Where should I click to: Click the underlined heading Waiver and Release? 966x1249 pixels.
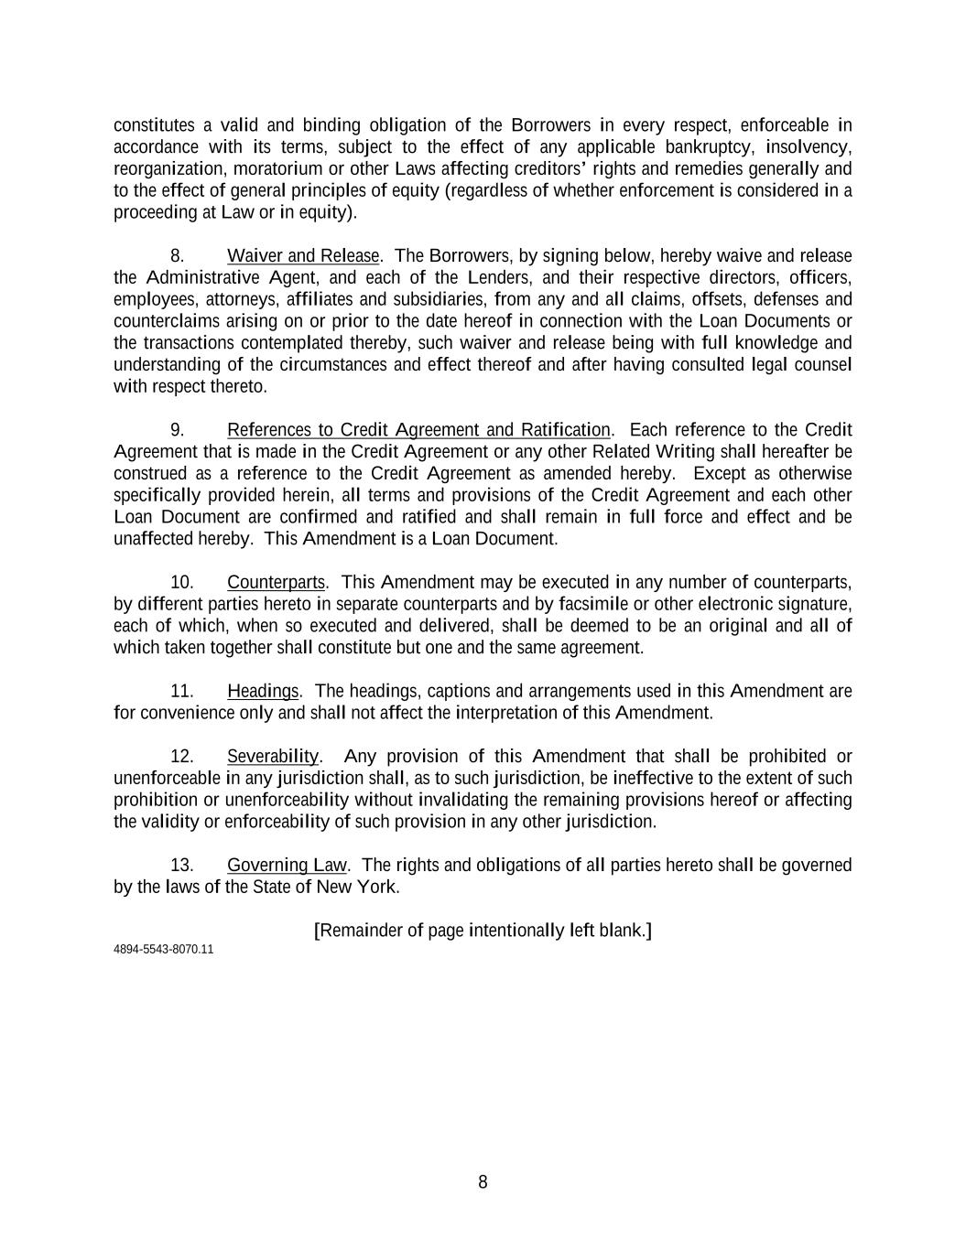click(303, 255)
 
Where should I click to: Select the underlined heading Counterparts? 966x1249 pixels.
click(276, 582)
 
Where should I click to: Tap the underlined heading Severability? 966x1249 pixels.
click(273, 756)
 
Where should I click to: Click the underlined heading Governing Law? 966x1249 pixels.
click(288, 865)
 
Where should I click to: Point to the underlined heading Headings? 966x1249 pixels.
click(263, 691)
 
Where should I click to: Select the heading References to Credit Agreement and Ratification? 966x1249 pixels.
click(418, 429)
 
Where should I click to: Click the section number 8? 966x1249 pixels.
click(179, 255)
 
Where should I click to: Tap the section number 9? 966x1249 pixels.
click(179, 429)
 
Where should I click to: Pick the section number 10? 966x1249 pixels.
click(181, 582)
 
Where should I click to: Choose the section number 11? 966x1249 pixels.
click(181, 691)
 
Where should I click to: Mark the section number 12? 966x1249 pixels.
click(181, 756)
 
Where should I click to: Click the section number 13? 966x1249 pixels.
click(181, 865)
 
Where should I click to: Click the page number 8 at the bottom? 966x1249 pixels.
click(483, 1182)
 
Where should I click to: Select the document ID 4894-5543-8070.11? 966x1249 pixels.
click(163, 949)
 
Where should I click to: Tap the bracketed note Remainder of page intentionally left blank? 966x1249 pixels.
click(483, 931)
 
